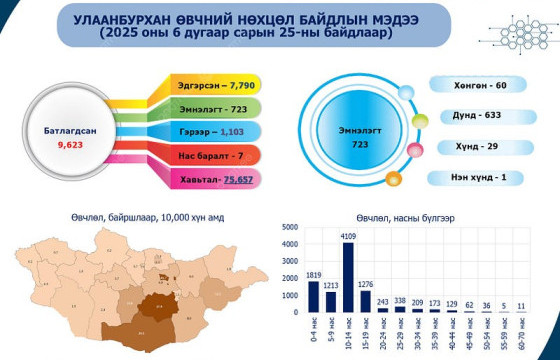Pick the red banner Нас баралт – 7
click(210, 156)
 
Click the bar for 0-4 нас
click(313, 296)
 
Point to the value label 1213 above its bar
click(332, 285)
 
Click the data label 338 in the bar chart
click(400, 299)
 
